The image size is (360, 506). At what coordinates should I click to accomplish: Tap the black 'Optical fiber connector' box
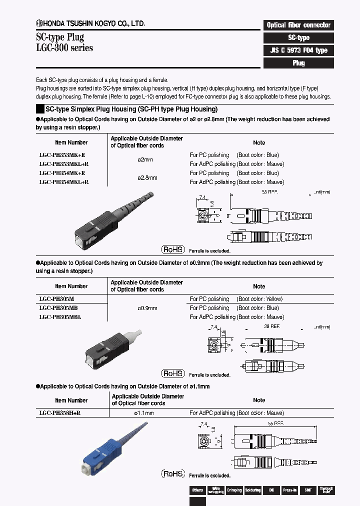tap(298, 25)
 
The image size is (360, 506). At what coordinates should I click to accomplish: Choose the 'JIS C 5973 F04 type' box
tap(298, 50)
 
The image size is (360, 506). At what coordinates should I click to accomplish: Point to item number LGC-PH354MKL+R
tap(63, 182)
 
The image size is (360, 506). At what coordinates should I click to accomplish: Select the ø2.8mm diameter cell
tap(147, 177)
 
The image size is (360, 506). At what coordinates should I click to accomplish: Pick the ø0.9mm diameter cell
tap(147, 308)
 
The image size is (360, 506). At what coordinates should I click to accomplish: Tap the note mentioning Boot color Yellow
tap(236, 299)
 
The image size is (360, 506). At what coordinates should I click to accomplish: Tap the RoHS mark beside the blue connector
tap(172, 473)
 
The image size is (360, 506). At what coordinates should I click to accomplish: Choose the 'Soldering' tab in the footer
tap(252, 490)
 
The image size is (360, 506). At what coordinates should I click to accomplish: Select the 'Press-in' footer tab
tap(289, 490)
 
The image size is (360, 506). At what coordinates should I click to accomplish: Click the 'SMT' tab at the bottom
tap(308, 490)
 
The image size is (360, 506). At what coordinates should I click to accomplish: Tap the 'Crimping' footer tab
tap(234, 490)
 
